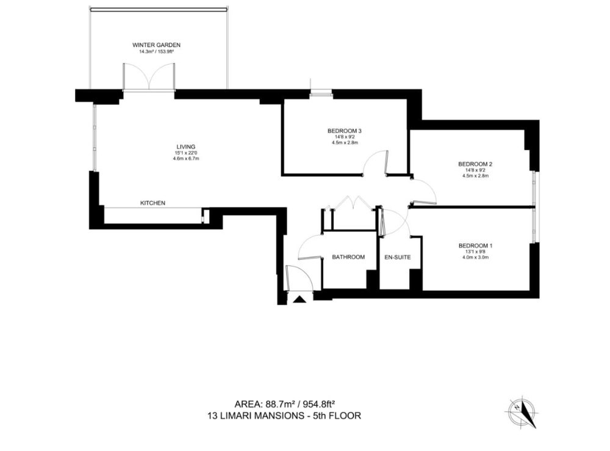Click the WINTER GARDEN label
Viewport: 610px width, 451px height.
point(156,45)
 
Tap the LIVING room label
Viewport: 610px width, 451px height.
point(186,146)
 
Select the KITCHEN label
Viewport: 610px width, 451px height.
point(153,203)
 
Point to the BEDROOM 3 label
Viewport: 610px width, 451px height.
point(342,131)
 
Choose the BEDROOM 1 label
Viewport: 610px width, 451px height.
point(475,245)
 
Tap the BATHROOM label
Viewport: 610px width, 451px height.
point(348,257)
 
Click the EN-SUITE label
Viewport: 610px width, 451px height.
point(398,257)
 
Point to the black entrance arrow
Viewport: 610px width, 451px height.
point(300,299)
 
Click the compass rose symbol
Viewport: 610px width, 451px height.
point(522,413)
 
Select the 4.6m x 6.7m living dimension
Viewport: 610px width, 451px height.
point(186,159)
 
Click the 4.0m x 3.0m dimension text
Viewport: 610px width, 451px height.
point(475,257)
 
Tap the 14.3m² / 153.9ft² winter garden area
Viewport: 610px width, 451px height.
point(156,51)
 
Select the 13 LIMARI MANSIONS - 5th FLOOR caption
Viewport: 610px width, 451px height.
point(284,416)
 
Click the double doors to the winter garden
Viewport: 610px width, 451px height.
point(149,77)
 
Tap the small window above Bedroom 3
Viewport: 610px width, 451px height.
point(321,93)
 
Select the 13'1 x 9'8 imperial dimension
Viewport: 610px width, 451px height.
point(475,251)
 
